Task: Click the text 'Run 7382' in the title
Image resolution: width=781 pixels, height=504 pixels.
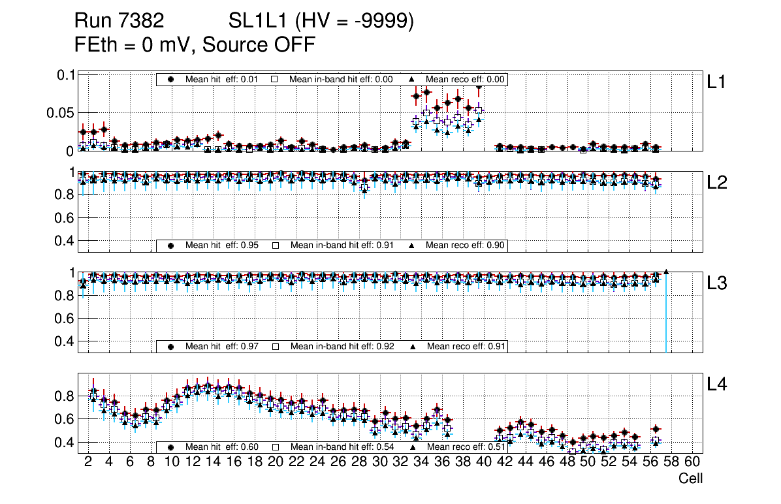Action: [x=119, y=22]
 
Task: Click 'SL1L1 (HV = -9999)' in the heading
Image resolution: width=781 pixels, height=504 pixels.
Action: [x=321, y=22]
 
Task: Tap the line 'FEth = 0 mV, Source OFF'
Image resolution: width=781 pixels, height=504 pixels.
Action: [x=195, y=45]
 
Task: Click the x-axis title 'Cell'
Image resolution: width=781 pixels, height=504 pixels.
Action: [x=690, y=479]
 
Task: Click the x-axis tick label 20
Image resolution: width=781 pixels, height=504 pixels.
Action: [x=275, y=463]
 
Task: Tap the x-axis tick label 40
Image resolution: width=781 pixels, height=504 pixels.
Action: [x=483, y=463]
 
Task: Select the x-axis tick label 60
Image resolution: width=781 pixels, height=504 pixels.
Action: [x=692, y=463]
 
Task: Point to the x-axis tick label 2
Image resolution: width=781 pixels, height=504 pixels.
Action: [x=88, y=463]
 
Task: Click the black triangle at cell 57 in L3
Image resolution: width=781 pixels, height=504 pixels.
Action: [x=666, y=272]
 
